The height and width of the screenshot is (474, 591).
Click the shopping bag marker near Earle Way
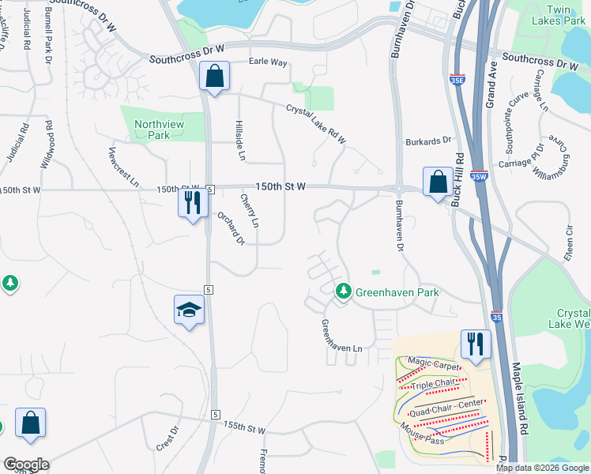(214, 77)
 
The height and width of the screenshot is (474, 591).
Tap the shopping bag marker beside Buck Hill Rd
(437, 182)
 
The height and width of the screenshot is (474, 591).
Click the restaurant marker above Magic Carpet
(475, 344)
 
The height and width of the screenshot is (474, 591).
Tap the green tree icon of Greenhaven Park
(343, 292)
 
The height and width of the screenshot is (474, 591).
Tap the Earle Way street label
(268, 62)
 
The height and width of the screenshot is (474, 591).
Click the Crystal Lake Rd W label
(317, 124)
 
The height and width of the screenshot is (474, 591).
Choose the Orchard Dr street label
(231, 228)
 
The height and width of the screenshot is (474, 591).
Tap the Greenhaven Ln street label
(341, 337)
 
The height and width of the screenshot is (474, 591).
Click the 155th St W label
(244, 427)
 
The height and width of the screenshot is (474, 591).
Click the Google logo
(26, 465)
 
